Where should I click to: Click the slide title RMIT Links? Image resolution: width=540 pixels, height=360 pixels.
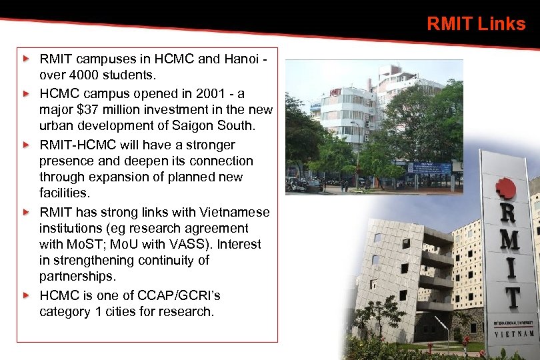click(476, 24)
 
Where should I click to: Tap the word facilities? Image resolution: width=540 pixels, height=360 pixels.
click(64, 193)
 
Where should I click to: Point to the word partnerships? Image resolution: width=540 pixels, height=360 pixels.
click(77, 276)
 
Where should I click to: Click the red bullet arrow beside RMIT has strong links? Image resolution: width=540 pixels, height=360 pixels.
click(26, 212)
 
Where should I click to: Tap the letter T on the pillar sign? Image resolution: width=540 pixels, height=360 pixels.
click(511, 296)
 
